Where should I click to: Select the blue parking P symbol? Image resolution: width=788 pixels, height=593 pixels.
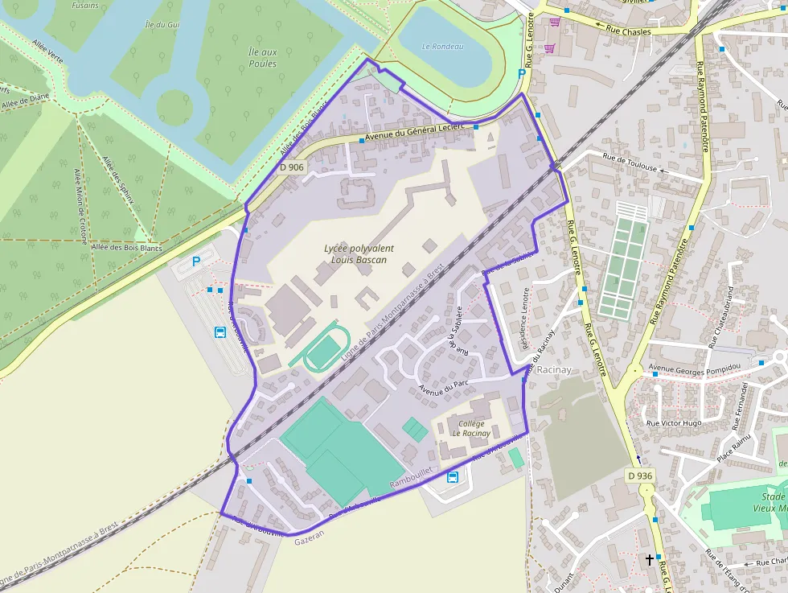196,262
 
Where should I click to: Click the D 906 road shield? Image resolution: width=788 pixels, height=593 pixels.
293,167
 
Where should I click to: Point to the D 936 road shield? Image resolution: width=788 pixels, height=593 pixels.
640,476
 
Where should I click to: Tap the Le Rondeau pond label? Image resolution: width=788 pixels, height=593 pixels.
443,47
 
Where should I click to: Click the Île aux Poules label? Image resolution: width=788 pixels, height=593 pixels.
263,58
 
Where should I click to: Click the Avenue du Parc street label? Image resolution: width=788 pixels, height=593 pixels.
443,388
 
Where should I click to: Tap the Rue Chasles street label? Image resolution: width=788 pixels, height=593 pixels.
630,31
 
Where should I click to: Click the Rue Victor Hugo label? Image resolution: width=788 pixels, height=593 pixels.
675,422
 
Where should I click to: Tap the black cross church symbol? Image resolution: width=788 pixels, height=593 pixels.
649,559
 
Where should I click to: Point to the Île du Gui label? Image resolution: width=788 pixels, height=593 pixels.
162,25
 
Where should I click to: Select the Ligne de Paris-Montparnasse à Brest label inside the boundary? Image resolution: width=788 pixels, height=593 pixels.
392,311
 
